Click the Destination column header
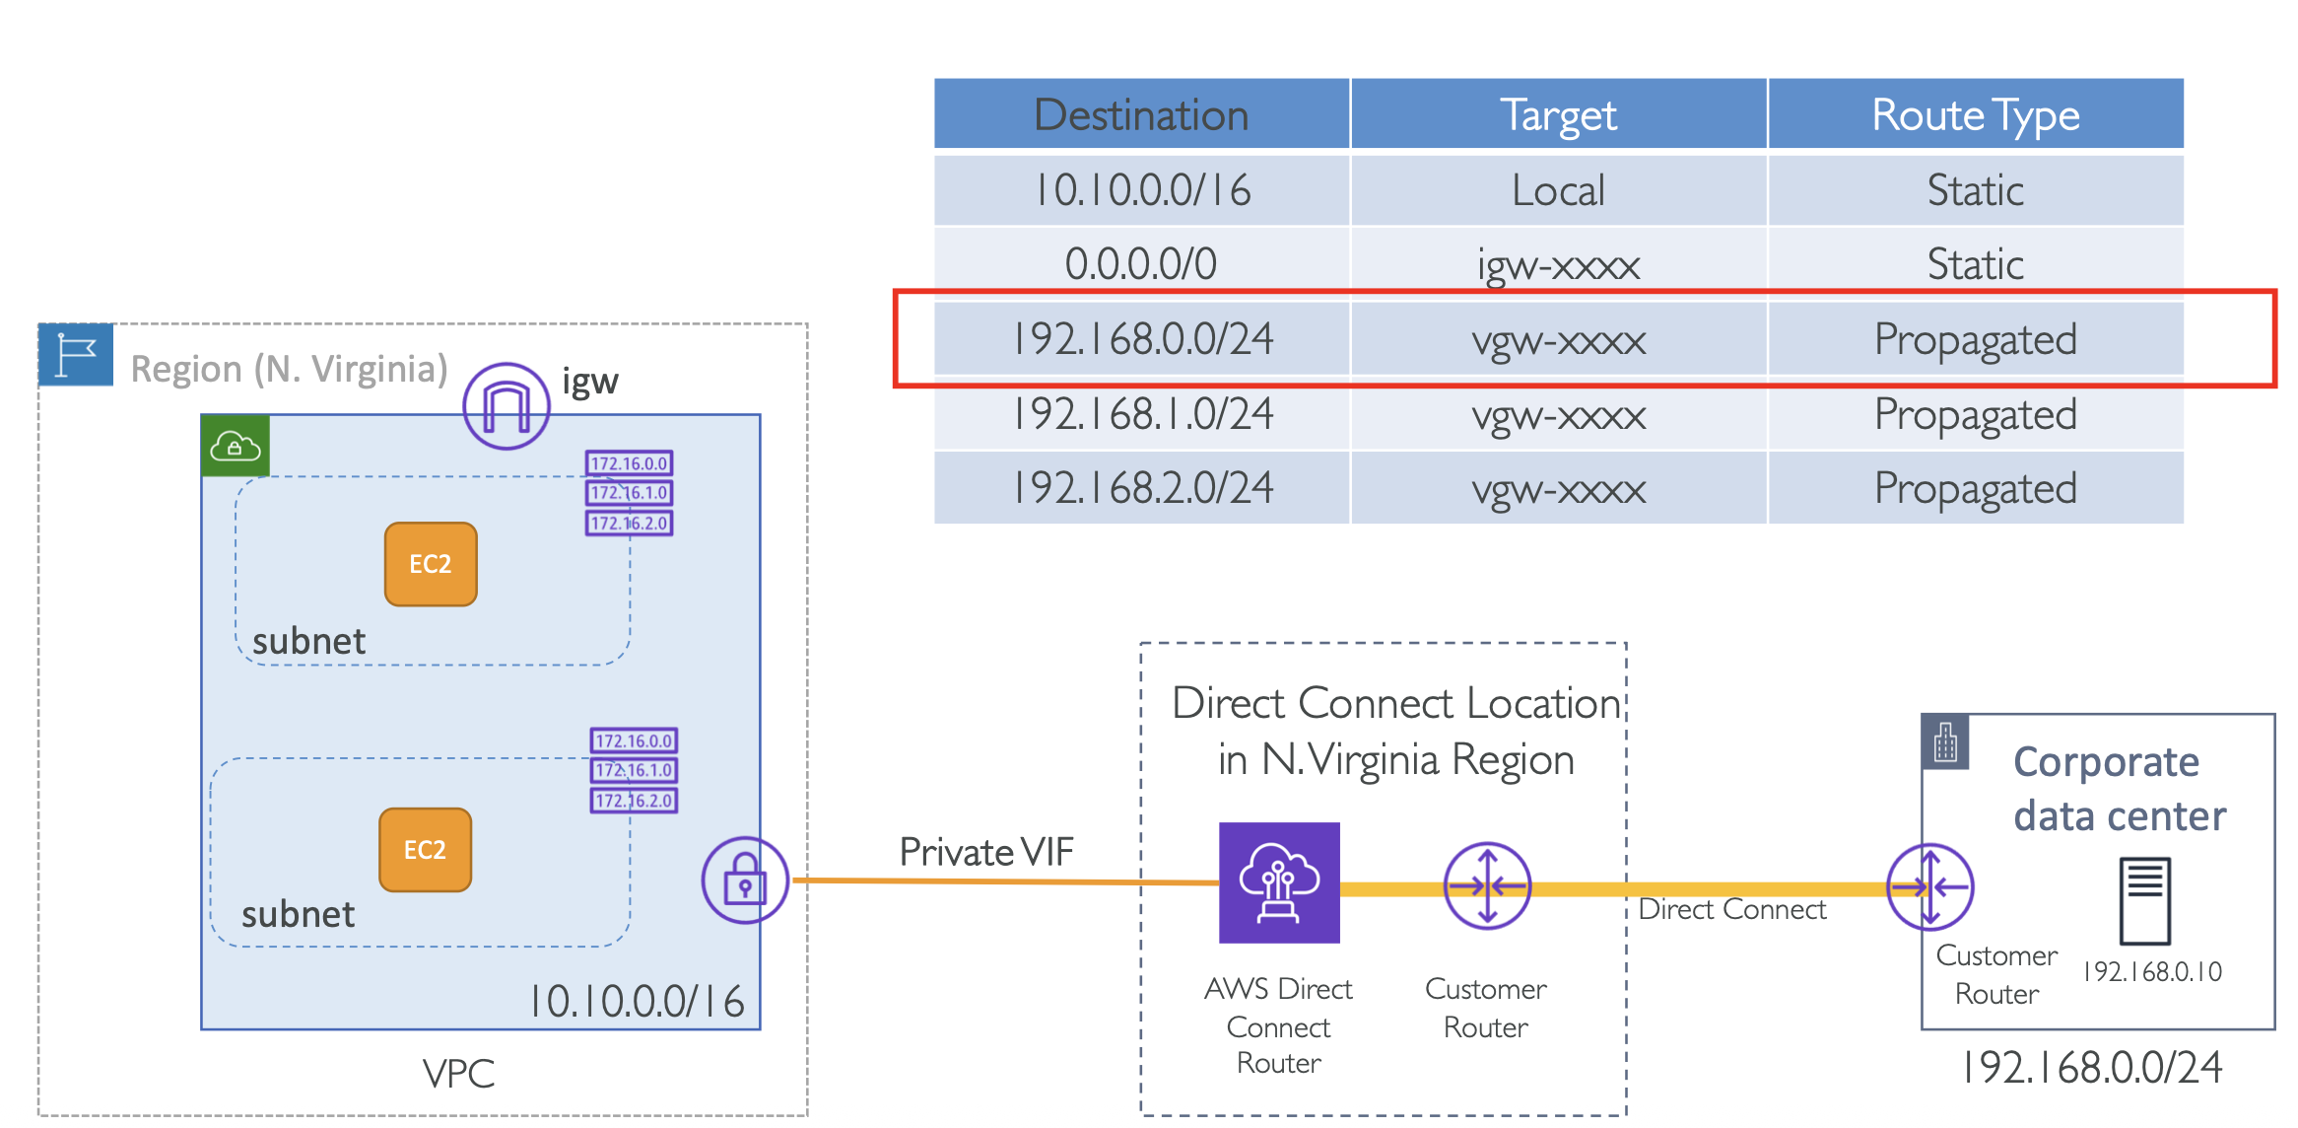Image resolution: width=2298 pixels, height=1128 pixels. click(1141, 114)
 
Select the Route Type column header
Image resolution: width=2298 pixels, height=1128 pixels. click(1975, 114)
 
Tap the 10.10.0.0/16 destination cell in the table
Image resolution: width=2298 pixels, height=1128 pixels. click(1141, 189)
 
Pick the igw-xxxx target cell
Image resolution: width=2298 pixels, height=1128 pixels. click(1558, 264)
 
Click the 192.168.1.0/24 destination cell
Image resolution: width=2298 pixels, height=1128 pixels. click(1141, 414)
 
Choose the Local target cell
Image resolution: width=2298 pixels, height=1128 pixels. click(1558, 189)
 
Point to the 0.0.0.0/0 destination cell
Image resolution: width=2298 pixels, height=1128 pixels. click(1141, 264)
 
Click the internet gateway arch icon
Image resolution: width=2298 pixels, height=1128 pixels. click(507, 406)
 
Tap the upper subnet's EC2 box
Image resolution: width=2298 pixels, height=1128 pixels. click(431, 564)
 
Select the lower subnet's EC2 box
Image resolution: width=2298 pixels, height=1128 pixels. click(425, 850)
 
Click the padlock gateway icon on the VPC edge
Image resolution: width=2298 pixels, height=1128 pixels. click(745, 880)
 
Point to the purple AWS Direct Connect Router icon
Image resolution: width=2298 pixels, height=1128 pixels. click(1279, 882)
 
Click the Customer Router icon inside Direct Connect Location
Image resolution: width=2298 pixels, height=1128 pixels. click(1487, 885)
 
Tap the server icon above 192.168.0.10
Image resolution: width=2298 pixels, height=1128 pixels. click(2144, 900)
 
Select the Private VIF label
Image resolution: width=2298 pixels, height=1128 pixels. click(985, 852)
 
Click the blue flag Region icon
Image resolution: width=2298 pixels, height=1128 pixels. click(76, 354)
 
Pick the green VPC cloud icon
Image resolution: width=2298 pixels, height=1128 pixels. click(236, 447)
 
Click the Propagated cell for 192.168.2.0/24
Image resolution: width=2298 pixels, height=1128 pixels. click(1975, 489)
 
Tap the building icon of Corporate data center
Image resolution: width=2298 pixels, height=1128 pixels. click(1945, 742)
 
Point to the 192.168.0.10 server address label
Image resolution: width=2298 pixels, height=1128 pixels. click(2152, 972)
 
